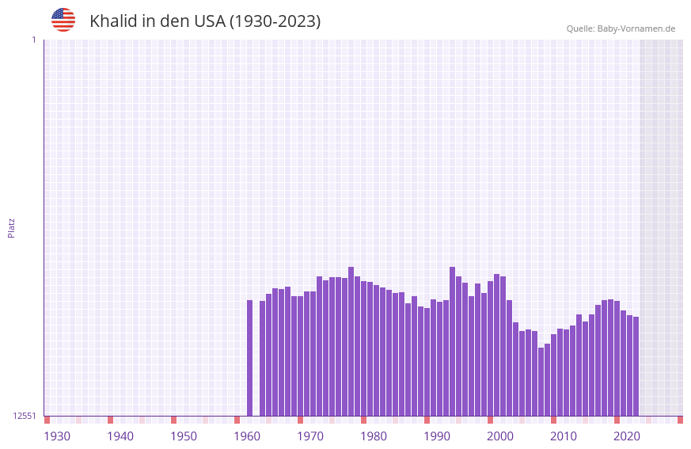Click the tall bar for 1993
point(453,341)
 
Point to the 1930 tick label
point(57,436)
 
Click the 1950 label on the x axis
point(184,436)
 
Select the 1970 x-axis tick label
point(310,436)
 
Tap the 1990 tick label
point(437,436)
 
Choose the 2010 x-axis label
point(564,436)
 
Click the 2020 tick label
point(627,436)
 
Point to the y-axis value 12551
point(25,416)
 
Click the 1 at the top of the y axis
point(33,40)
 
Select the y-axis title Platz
point(11,227)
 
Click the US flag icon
point(63,20)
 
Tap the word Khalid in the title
point(113,21)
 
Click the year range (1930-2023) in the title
point(275,21)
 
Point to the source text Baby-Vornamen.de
point(636,29)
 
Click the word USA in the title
point(209,21)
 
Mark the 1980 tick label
point(374,436)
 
